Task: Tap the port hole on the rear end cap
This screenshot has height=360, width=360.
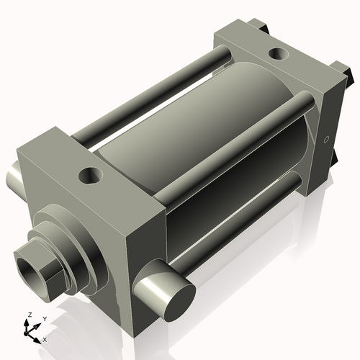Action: (276, 53)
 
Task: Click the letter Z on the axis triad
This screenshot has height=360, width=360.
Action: (28, 315)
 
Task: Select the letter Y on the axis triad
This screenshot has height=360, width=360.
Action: (44, 318)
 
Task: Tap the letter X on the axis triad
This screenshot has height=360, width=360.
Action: (45, 338)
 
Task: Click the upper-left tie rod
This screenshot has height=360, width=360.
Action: (144, 94)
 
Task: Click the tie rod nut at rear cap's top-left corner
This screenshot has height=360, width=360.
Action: (258, 27)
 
